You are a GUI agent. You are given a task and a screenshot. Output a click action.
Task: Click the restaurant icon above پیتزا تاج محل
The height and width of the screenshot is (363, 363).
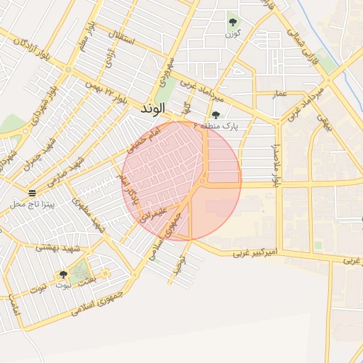(x=33, y=194)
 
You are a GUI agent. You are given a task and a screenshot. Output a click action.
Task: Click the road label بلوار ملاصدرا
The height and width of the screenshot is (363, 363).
(x=277, y=163)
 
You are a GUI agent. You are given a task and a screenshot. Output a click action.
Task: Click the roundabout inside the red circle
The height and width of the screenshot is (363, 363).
(x=203, y=181)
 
